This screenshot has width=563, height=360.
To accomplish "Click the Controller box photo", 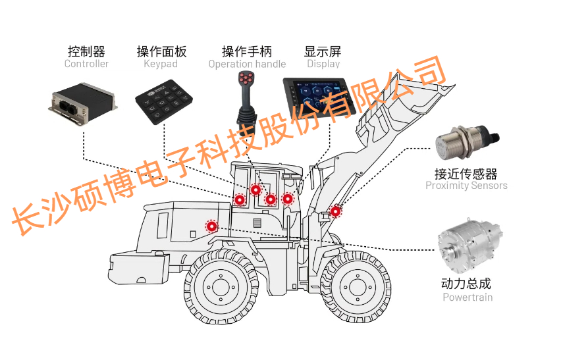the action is click(x=82, y=103).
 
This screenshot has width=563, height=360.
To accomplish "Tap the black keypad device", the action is click(x=164, y=102).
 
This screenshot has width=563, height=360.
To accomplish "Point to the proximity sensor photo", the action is click(x=467, y=141).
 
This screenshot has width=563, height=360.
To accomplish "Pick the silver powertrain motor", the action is click(x=469, y=246).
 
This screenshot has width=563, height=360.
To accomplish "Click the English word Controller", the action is click(x=86, y=64).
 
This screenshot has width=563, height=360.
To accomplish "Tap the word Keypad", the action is click(x=161, y=64).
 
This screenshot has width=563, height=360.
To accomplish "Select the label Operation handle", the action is click(x=247, y=64).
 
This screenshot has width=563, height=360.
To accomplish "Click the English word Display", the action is click(x=323, y=64).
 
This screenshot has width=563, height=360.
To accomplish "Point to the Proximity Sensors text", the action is click(x=466, y=186).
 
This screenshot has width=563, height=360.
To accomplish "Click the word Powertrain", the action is click(x=468, y=297).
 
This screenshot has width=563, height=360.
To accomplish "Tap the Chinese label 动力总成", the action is click(x=466, y=284).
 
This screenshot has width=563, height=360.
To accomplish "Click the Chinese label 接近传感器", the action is click(x=466, y=174).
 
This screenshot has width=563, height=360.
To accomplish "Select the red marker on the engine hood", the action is click(x=212, y=226).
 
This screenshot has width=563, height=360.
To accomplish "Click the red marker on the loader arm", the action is click(x=335, y=211).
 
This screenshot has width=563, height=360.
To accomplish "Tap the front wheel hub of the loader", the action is click(x=358, y=287).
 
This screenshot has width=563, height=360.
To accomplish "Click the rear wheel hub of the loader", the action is click(x=221, y=287).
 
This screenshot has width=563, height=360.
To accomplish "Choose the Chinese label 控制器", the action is click(x=86, y=51).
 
